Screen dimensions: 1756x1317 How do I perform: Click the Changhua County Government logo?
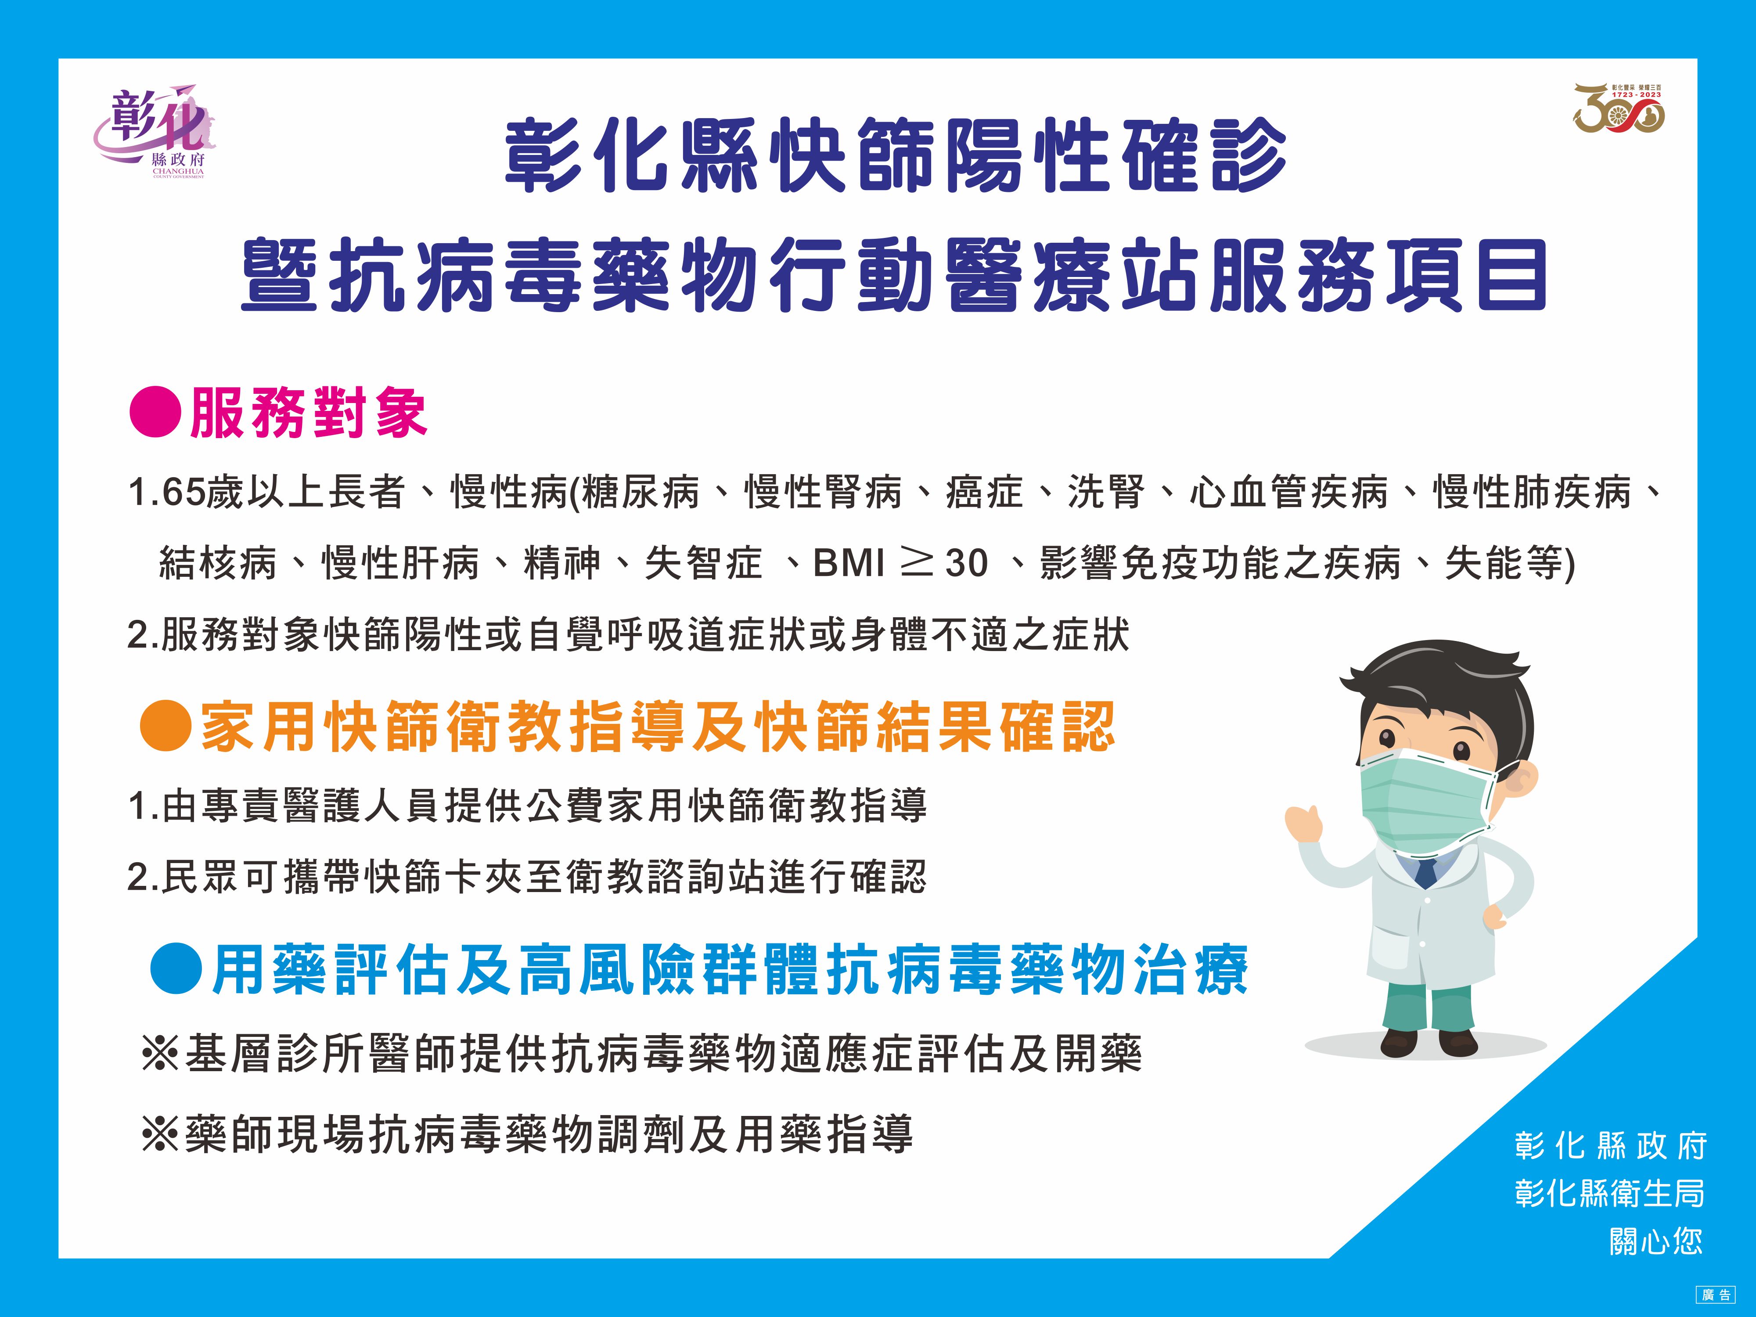pyautogui.click(x=155, y=130)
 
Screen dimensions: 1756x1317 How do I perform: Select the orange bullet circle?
pyautogui.click(x=165, y=725)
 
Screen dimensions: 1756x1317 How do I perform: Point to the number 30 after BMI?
pyautogui.click(x=966, y=564)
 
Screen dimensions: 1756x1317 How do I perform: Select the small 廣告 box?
pyautogui.click(x=1716, y=1295)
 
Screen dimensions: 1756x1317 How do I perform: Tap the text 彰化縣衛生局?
pyautogui.click(x=1609, y=1193)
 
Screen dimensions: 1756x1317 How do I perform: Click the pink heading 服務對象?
pyautogui.click(x=309, y=412)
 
